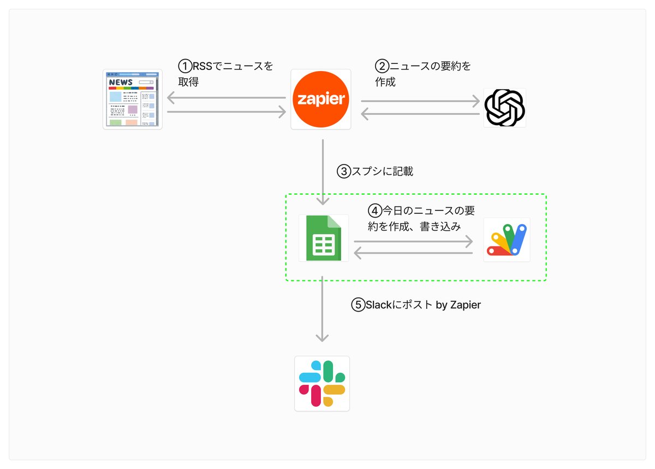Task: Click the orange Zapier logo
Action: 321,99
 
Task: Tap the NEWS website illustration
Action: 133,99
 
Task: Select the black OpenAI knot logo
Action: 504,108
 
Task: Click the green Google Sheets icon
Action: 324,238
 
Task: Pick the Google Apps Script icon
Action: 507,240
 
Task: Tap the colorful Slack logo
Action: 322,384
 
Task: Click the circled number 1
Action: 185,66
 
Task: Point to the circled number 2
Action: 382,66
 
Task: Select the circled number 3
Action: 344,172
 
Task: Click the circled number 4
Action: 375,211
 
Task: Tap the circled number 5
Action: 358,305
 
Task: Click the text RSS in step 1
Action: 203,66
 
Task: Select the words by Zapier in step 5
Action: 458,305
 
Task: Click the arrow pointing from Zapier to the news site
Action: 227,98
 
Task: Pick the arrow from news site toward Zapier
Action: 227,112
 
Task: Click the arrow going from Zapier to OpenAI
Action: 420,101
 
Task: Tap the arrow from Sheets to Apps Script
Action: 413,242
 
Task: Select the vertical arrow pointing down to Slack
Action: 322,309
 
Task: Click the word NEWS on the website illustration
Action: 121,82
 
